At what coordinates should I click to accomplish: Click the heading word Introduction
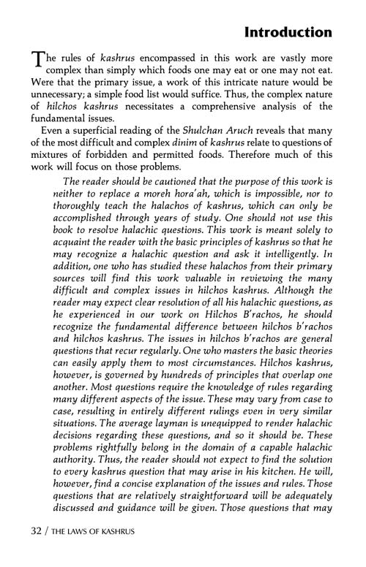tap(288, 33)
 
